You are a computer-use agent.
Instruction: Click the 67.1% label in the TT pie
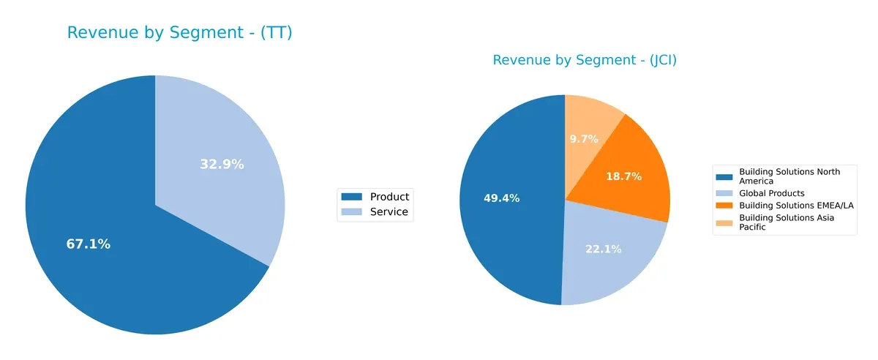click(89, 244)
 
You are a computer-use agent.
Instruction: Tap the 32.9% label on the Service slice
click(222, 165)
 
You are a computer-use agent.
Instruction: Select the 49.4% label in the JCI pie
click(501, 198)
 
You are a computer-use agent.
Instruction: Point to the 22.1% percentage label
click(603, 250)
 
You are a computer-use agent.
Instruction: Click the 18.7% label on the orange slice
click(623, 176)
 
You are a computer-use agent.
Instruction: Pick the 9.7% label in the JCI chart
click(584, 138)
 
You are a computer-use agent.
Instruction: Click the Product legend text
click(389, 197)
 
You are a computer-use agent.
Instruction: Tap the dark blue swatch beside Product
click(352, 197)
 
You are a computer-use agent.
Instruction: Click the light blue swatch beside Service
click(352, 212)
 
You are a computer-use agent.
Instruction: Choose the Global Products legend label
click(772, 193)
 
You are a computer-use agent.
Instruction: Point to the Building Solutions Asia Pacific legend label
click(786, 222)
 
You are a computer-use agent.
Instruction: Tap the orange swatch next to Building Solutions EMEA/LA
click(724, 206)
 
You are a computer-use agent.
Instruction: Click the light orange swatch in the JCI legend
click(724, 219)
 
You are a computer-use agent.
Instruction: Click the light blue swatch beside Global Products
click(724, 193)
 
